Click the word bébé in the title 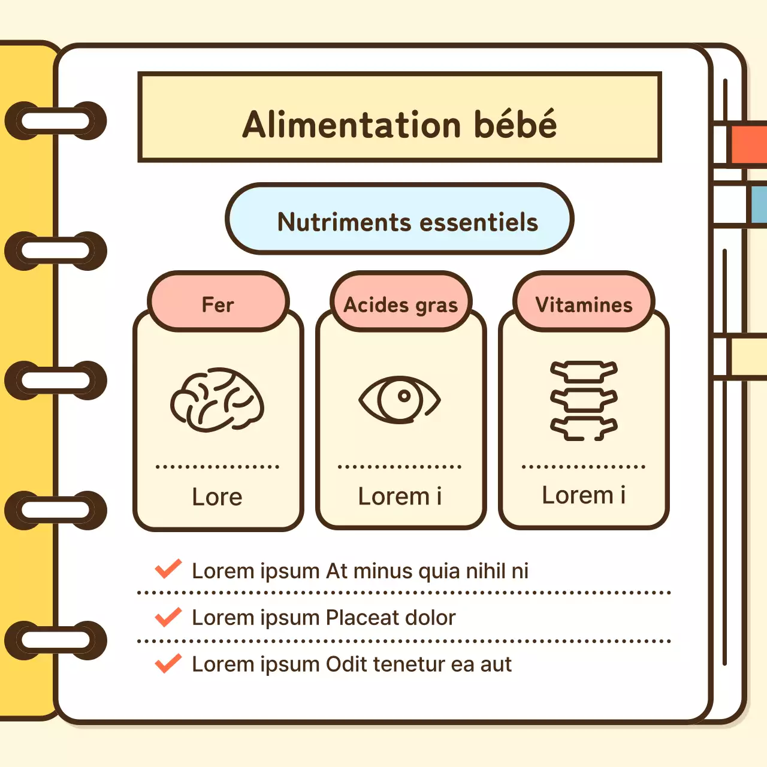coord(515,125)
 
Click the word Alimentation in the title coord(352,125)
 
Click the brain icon coord(217,400)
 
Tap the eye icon coord(400,399)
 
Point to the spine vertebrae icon coord(584,400)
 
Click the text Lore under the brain coord(217,497)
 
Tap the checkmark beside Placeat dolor coord(168,617)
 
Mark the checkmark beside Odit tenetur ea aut coord(168,663)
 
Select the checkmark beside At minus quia coord(168,569)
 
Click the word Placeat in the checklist coord(363,617)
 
